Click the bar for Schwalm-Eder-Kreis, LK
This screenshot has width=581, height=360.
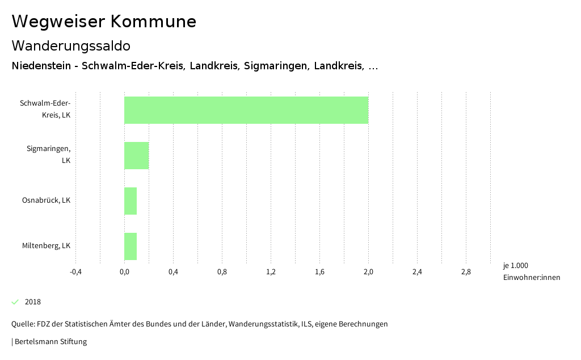246,110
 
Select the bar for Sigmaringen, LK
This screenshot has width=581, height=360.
137,156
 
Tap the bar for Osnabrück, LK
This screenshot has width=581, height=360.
130,201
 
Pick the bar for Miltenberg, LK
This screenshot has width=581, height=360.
130,246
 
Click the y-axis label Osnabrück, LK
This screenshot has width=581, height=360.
46,200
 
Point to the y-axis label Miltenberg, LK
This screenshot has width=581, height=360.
46,246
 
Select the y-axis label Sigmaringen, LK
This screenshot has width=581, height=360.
49,154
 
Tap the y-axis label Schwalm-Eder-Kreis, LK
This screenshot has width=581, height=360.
45,109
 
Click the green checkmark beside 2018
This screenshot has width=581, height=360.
15,302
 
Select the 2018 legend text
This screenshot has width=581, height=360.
33,302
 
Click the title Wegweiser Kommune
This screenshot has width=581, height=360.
104,22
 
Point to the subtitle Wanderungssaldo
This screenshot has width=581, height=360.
71,45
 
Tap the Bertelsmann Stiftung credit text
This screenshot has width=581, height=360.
50,342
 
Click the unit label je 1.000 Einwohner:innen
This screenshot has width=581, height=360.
531,271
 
